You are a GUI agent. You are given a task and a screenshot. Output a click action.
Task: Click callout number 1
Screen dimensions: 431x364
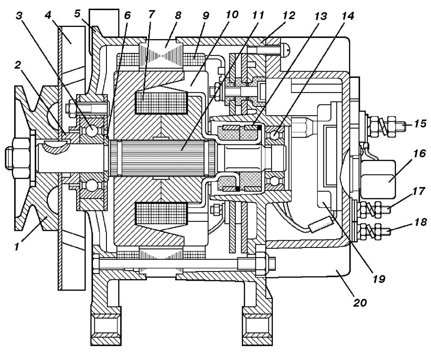coord(17,247)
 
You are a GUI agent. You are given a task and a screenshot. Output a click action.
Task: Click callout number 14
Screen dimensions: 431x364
coord(347,16)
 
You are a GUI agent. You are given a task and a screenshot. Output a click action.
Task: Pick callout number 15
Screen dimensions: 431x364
coord(420,123)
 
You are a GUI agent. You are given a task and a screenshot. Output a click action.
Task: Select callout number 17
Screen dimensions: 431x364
coord(419,191)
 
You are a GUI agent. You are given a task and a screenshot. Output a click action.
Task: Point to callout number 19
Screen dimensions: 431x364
coord(379,279)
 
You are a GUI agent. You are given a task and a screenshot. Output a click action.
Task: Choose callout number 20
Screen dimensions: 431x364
coord(360,303)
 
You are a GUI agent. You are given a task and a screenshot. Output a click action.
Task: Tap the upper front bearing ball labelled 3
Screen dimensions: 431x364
coord(91,130)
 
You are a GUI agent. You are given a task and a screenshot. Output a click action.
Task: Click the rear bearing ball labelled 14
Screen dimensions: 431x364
coord(274,135)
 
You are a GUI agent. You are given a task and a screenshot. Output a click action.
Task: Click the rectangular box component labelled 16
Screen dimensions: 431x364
coord(378,179)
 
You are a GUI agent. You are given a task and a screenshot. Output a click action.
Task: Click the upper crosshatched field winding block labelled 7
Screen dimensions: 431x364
coord(161,103)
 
